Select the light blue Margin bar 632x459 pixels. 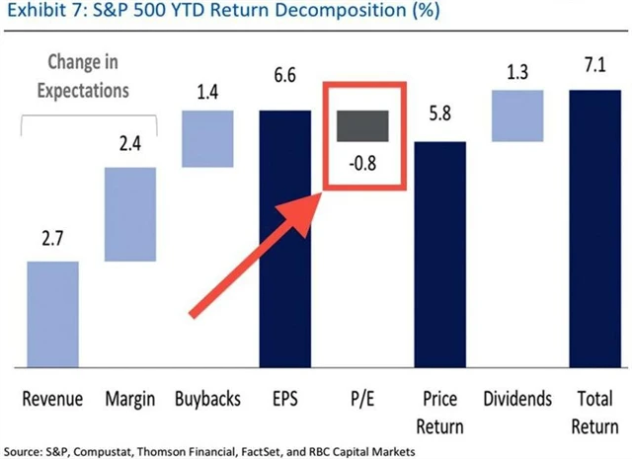[130, 214]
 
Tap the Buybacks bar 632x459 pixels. [206, 137]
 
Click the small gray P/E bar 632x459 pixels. [362, 125]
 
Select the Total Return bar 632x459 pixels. [594, 228]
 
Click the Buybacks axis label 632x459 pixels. [206, 401]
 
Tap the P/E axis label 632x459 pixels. [362, 401]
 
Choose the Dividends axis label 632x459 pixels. [517, 401]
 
